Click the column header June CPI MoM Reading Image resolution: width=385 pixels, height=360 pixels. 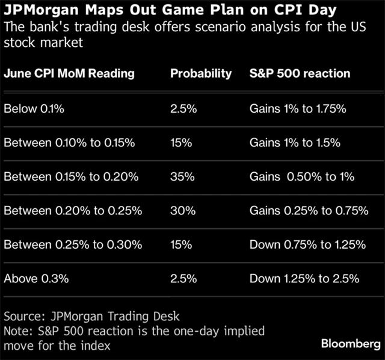69,73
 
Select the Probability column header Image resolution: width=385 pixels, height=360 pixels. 201,73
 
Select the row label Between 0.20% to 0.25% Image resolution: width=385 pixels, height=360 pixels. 72,211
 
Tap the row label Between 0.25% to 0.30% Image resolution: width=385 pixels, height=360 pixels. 72,245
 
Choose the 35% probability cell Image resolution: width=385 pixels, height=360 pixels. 181,177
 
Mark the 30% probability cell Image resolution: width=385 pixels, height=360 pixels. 181,211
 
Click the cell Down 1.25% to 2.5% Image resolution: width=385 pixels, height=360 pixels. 304,279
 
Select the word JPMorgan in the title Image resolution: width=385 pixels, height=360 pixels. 47,11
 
